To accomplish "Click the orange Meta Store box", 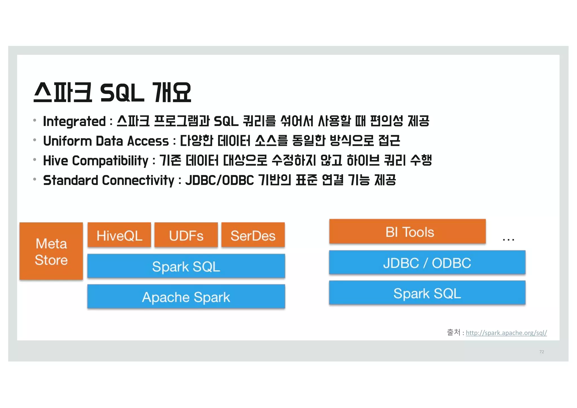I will (51, 251).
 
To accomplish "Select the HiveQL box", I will (119, 235).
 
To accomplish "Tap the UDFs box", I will (186, 235).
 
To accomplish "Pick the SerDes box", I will (253, 235).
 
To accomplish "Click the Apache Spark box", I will (186, 297).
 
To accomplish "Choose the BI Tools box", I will (407, 231).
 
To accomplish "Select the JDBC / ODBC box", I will (427, 263).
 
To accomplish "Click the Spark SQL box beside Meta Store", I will (186, 266).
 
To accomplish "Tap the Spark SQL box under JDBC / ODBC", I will (427, 293).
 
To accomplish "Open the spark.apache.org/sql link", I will (506, 333).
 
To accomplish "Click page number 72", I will (542, 352).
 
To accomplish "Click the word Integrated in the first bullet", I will (74, 122).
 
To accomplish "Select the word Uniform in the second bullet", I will (67, 141).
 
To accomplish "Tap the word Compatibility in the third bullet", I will (110, 161).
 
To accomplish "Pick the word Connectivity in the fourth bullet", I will (138, 180).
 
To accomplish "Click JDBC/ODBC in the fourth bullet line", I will (219, 180).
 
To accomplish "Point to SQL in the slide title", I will (122, 93).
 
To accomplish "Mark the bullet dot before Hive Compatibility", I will (35, 160).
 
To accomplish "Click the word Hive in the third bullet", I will (56, 161).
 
